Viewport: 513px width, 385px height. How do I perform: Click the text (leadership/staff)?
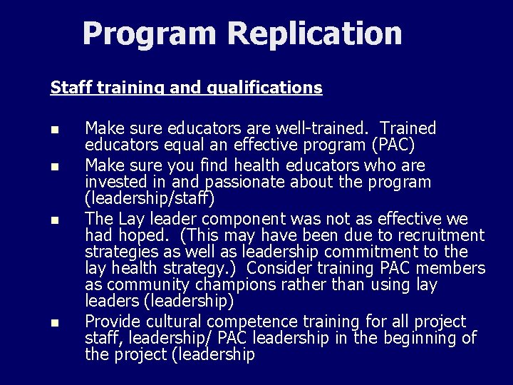coord(149,198)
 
